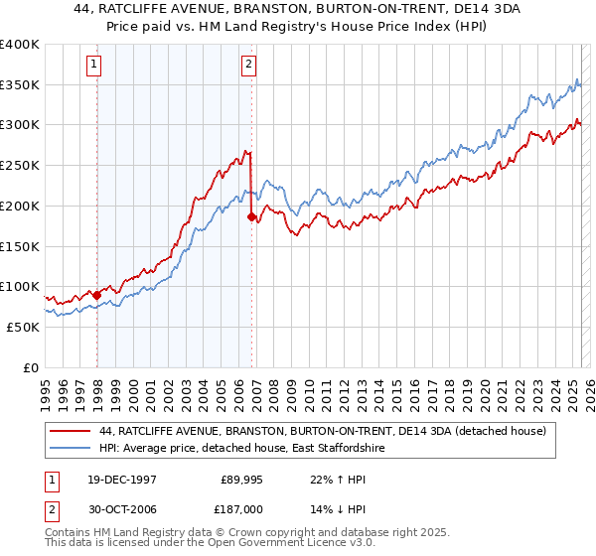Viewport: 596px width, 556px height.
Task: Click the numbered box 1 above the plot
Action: [x=93, y=66]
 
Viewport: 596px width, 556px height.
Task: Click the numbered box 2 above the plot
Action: [x=248, y=66]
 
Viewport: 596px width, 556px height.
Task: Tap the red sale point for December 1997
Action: [x=97, y=295]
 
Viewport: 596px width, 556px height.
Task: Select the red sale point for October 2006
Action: [x=251, y=216]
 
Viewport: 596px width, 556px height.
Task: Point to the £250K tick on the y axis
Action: [x=20, y=166]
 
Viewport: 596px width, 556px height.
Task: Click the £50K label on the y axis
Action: [x=23, y=327]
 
